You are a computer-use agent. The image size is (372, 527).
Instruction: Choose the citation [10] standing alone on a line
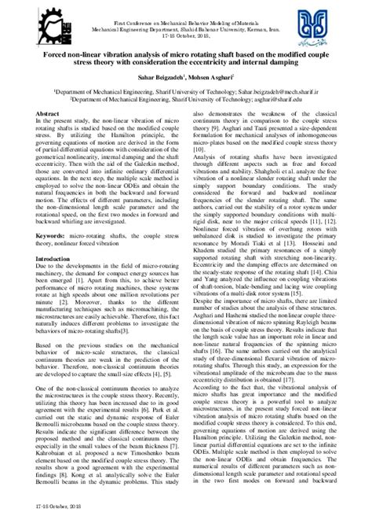tap(199, 147)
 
